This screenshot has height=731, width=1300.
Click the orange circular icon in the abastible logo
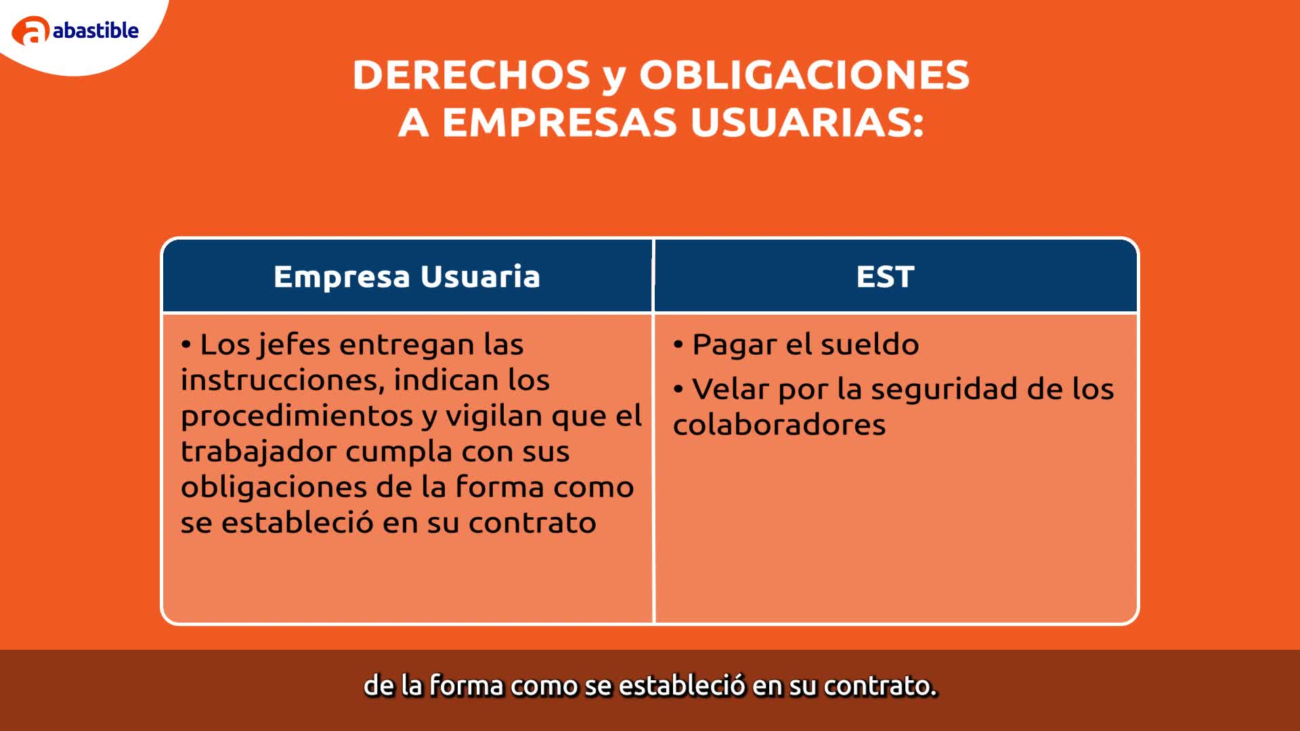[30, 31]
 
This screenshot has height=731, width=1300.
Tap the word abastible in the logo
[95, 30]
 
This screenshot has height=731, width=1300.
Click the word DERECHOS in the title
[471, 74]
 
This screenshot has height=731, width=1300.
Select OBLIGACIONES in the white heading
[804, 74]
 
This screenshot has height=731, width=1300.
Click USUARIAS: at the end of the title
[807, 123]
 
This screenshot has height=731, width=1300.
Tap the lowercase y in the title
[613, 79]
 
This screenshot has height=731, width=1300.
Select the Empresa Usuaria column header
[407, 276]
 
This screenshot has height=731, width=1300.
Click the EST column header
[886, 276]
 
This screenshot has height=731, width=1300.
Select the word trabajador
[258, 451]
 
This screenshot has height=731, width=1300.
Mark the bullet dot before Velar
[678, 390]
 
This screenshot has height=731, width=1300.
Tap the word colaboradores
[779, 424]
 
